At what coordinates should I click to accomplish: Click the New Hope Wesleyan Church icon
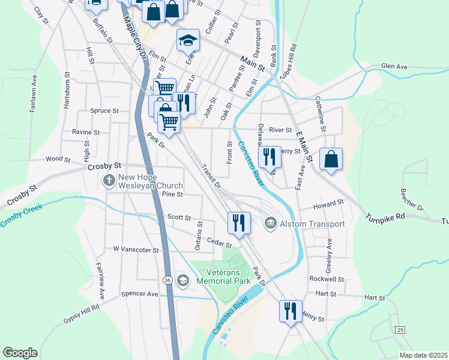coord(109,180)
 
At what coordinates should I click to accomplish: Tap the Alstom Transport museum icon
coord(271,224)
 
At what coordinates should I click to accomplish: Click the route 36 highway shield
coord(167,280)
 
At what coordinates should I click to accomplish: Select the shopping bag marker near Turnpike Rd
coord(331,159)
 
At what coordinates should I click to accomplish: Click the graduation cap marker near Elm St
coord(188,41)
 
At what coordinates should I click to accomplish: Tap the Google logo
coord(20,353)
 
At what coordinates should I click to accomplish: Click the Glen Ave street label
coord(394,67)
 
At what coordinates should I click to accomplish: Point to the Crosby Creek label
coord(19,217)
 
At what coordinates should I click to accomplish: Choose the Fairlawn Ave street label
coord(34,94)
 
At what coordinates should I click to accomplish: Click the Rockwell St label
coord(327,279)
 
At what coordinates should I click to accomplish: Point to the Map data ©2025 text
coord(423,355)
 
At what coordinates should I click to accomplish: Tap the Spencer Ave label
coord(139,295)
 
